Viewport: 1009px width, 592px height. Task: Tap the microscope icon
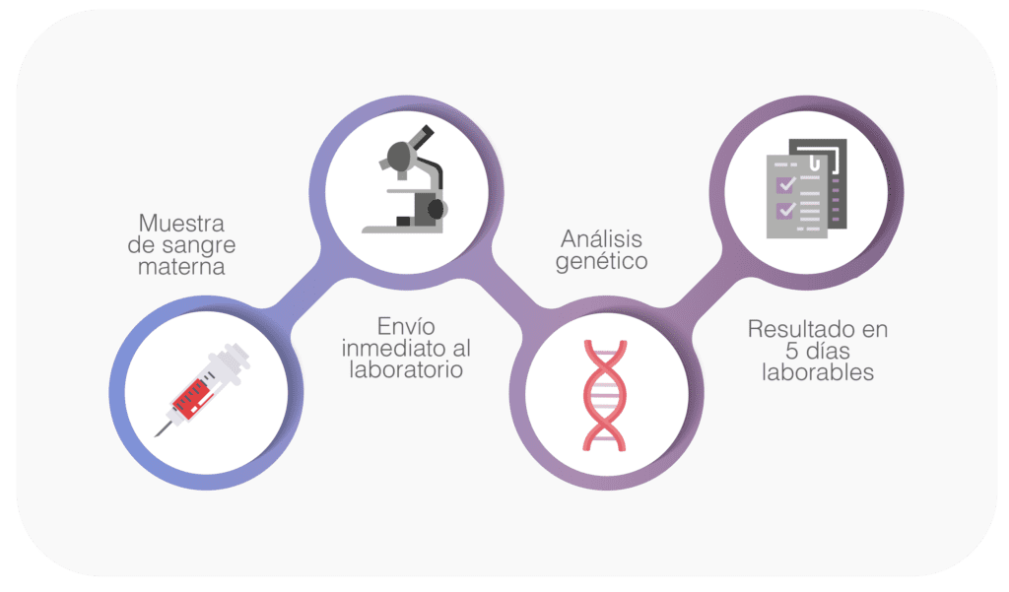tap(406, 179)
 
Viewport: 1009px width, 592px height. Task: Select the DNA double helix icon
tap(605, 395)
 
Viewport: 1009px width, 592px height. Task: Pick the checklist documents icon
tap(806, 188)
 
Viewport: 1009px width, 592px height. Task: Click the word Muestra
tap(181, 224)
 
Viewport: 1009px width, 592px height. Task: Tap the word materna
tap(181, 266)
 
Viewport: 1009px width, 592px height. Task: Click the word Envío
tap(406, 326)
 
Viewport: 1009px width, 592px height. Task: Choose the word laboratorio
tap(406, 369)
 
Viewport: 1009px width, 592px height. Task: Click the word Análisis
tap(602, 238)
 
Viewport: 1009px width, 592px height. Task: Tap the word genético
tap(602, 261)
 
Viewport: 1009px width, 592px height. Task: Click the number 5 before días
tap(792, 351)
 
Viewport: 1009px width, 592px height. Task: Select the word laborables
tap(818, 372)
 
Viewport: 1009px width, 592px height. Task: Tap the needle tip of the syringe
tap(155, 436)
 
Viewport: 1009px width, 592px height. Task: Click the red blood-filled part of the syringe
tap(190, 398)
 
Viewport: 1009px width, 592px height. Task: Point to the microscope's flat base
tap(402, 229)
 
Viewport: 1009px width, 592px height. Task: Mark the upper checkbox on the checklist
tap(785, 185)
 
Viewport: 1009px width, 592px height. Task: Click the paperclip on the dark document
tap(814, 162)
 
